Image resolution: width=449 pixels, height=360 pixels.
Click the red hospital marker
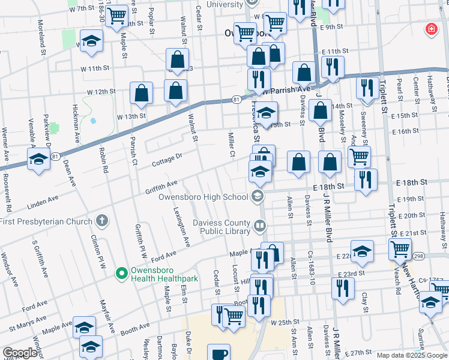[431, 29]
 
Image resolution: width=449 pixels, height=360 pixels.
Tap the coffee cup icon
[218, 353]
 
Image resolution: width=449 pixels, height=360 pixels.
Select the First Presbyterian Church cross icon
[103, 220]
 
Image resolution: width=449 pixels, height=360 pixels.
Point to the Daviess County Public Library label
[221, 227]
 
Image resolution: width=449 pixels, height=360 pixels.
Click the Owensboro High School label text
[203, 197]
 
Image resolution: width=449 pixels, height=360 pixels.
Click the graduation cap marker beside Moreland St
[91, 41]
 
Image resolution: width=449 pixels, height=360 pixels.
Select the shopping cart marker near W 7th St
[116, 16]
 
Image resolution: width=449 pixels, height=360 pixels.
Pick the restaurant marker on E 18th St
[365, 179]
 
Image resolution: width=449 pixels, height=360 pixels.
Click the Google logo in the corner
[20, 353]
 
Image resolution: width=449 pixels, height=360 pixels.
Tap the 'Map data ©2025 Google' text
[411, 355]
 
